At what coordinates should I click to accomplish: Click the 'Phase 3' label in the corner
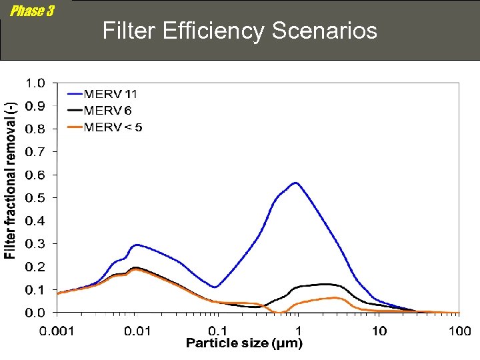32,11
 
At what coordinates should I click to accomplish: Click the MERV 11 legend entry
110,94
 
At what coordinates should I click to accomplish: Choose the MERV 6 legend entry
107,110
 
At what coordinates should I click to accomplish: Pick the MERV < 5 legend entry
112,127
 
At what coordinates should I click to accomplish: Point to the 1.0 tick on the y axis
35,83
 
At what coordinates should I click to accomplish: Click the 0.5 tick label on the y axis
35,198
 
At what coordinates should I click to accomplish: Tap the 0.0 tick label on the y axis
35,313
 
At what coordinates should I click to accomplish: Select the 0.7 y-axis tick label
35,152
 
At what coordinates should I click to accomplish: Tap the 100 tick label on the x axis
459,331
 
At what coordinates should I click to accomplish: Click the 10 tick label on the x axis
379,331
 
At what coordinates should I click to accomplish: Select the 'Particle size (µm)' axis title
244,344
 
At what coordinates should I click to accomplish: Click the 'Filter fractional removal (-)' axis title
11,181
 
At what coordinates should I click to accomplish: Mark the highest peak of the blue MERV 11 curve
295,183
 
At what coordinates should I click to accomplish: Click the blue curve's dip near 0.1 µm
215,287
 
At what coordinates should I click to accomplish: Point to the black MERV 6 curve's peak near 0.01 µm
135,267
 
